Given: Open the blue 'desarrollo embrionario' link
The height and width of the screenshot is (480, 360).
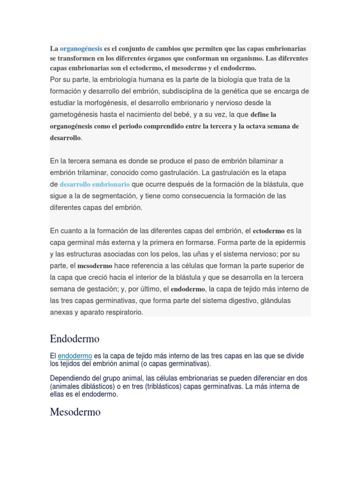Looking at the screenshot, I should click(x=95, y=184).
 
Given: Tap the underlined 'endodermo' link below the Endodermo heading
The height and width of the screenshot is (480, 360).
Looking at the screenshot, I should click(x=75, y=356).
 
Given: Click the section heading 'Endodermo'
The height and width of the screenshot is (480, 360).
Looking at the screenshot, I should click(x=75, y=338).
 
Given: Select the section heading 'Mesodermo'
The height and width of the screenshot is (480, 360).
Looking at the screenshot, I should click(x=75, y=413).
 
